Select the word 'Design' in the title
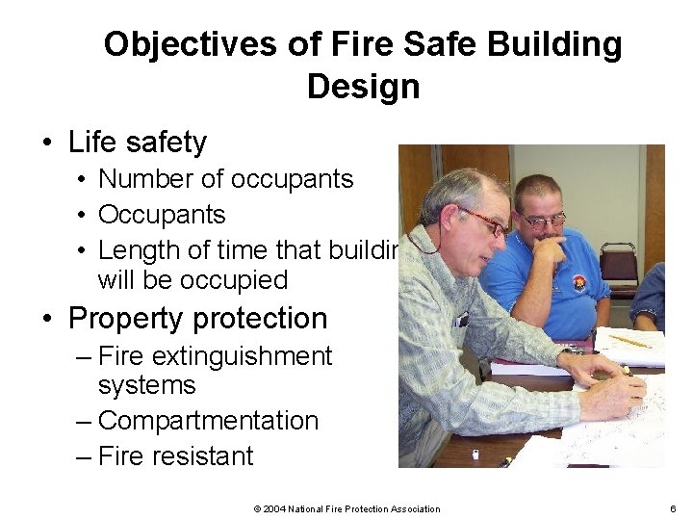pos(363,87)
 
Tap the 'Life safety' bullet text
pos(138,143)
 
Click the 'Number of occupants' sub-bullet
pos(225,179)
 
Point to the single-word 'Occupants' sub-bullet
pos(162,215)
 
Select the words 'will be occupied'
pos(192,280)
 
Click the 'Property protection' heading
pos(198,318)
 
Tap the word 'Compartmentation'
pos(208,421)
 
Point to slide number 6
pos(672,508)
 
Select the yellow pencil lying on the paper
pos(630,341)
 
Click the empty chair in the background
pos(618,262)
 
